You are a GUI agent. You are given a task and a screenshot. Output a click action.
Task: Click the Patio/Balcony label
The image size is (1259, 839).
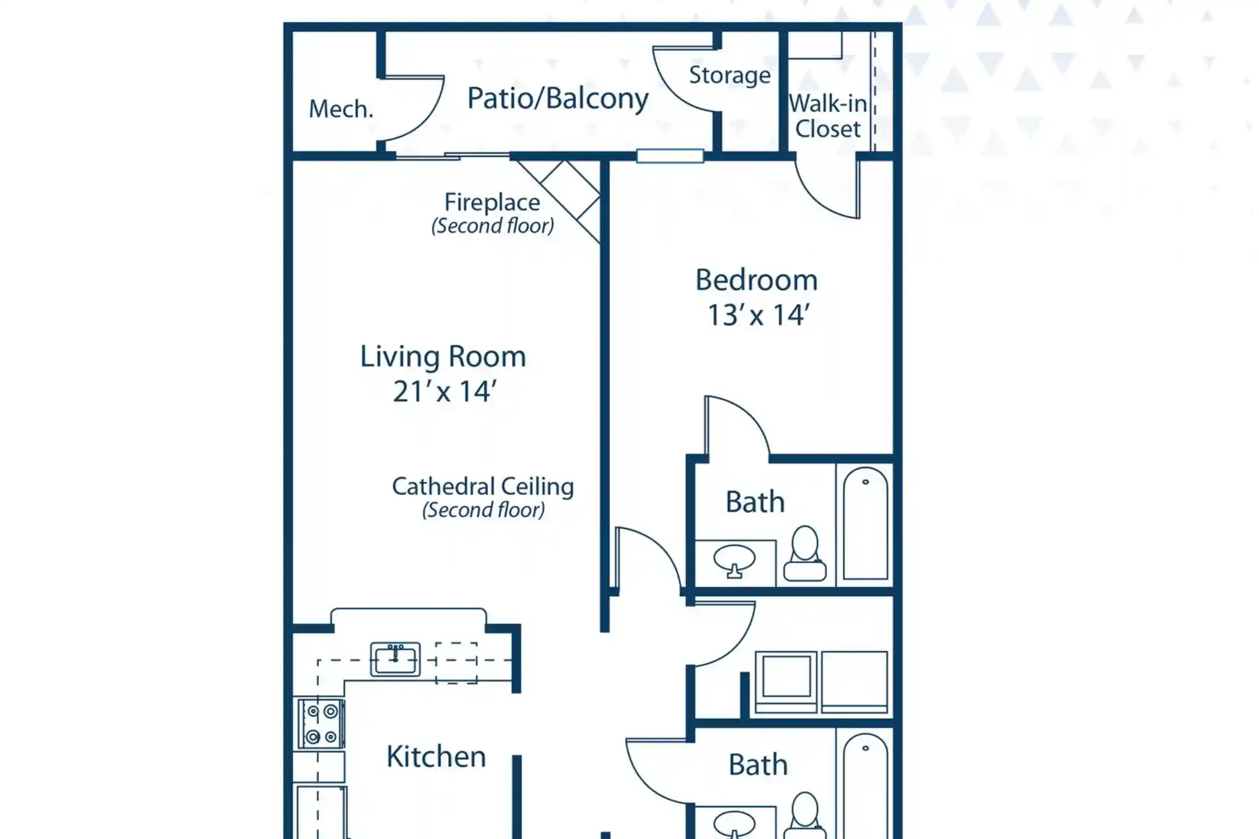pyautogui.click(x=558, y=99)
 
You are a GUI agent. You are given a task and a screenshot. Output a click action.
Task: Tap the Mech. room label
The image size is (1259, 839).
pyautogui.click(x=341, y=109)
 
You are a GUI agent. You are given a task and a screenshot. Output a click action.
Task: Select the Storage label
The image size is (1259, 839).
pyautogui.click(x=730, y=76)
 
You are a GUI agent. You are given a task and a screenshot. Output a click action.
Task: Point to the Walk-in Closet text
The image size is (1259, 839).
pyautogui.click(x=828, y=116)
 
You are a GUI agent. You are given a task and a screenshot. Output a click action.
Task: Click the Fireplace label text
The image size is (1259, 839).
pyautogui.click(x=493, y=202)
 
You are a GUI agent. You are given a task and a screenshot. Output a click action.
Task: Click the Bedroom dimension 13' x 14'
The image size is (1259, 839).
pyautogui.click(x=758, y=315)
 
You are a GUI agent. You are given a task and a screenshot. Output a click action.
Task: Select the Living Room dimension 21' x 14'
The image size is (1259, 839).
pyautogui.click(x=444, y=392)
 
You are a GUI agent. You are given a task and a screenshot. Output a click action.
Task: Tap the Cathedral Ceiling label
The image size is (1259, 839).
pyautogui.click(x=483, y=487)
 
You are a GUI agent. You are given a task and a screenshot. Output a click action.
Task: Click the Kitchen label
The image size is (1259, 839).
pyautogui.click(x=436, y=757)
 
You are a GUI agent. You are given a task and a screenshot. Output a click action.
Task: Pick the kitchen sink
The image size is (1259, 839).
pyautogui.click(x=395, y=659)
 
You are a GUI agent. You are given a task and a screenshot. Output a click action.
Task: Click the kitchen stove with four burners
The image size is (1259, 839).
pyautogui.click(x=321, y=724)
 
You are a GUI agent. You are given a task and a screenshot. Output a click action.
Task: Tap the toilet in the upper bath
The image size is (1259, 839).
pyautogui.click(x=805, y=554)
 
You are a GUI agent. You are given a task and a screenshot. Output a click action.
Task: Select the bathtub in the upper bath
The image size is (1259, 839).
pyautogui.click(x=866, y=523)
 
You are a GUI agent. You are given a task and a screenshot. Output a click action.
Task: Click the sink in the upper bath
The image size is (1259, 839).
pyautogui.click(x=734, y=560)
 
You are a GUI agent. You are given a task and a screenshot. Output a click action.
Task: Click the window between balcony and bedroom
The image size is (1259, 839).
pyautogui.click(x=670, y=156)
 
